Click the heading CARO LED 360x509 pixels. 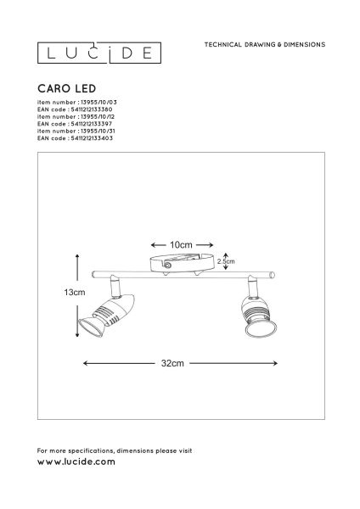click(x=66, y=88)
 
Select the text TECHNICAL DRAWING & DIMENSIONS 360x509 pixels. click(x=265, y=45)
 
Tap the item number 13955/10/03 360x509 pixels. click(x=98, y=103)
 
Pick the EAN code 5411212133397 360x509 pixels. click(x=92, y=124)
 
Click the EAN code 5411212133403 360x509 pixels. click(x=92, y=138)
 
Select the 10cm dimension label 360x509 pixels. click(x=181, y=245)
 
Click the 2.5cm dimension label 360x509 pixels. click(x=226, y=261)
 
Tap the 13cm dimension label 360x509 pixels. click(x=75, y=292)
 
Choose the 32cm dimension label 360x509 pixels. click(x=172, y=363)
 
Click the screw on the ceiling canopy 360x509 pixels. click(x=167, y=266)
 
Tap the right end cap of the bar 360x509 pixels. click(x=273, y=275)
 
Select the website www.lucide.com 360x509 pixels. click(x=76, y=461)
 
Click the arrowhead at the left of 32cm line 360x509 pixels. click(x=86, y=363)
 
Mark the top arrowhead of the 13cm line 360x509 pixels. click(x=77, y=257)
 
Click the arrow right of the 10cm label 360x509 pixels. click(x=205, y=245)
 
